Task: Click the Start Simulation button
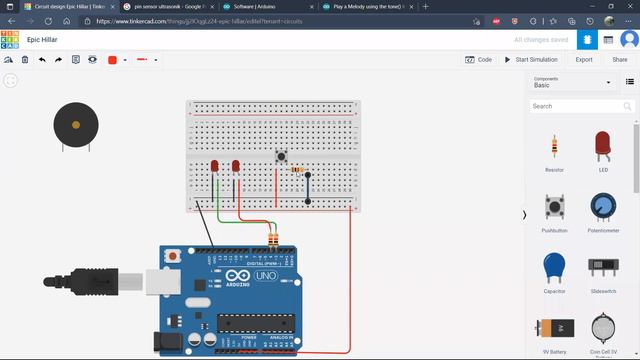click(x=535, y=60)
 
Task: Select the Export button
click(x=584, y=60)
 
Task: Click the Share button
click(x=620, y=60)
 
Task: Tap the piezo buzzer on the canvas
click(x=76, y=125)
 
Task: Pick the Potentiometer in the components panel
click(x=602, y=207)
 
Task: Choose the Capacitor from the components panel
click(x=554, y=267)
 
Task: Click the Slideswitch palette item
click(x=602, y=267)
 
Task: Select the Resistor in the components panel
click(x=554, y=147)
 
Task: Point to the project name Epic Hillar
click(x=47, y=40)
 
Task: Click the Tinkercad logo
click(x=10, y=40)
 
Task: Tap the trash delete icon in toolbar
click(x=25, y=60)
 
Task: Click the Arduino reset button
click(x=174, y=257)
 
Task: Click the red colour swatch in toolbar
click(x=112, y=60)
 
